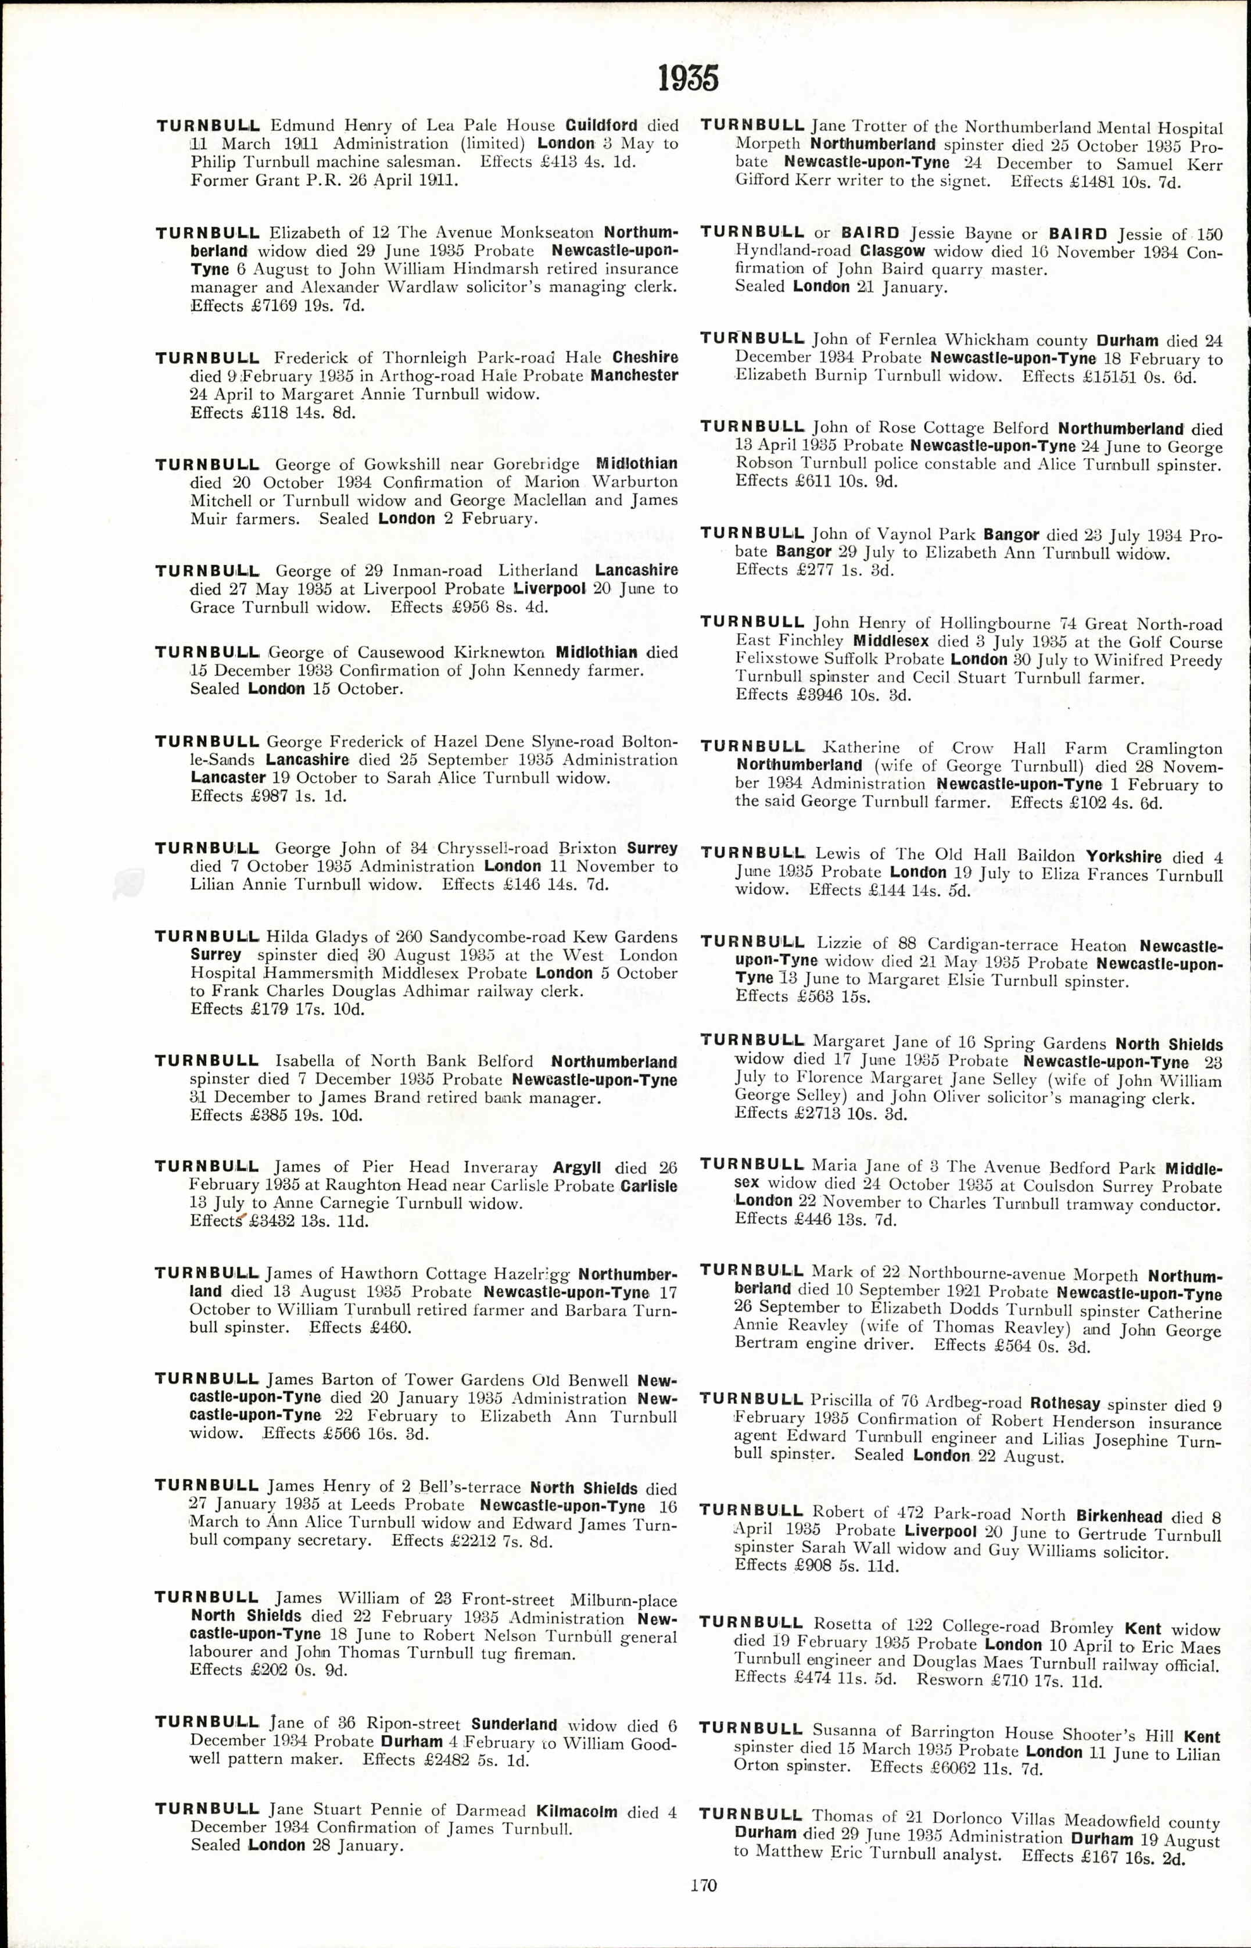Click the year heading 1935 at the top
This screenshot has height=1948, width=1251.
(688, 79)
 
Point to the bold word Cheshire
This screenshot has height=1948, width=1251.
(645, 358)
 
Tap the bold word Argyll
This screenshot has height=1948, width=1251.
(577, 1168)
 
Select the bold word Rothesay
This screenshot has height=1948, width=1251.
(1065, 1403)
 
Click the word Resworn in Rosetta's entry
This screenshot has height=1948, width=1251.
(949, 1680)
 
